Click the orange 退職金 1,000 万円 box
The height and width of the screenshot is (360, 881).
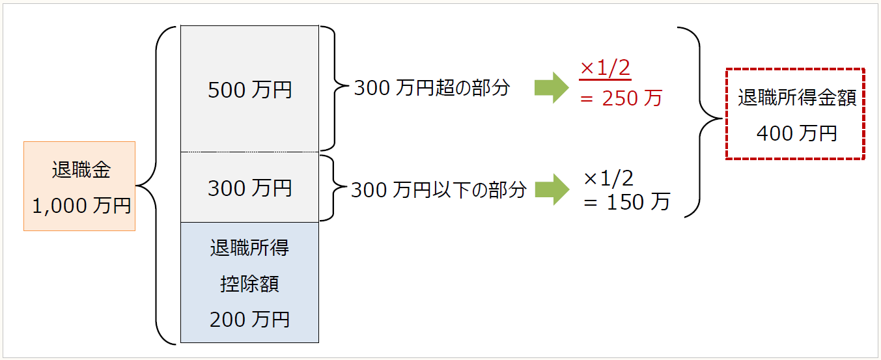coord(79,186)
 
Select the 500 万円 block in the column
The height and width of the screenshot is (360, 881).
coord(249,89)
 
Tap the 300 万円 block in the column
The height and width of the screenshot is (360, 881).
coord(249,188)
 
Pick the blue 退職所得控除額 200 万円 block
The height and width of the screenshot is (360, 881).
coord(249,283)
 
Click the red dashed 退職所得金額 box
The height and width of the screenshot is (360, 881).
coord(796,114)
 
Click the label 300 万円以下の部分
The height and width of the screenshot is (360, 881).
coord(438,189)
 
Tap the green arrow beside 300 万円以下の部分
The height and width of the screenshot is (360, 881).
coord(552,189)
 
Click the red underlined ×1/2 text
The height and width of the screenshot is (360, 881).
coord(606,68)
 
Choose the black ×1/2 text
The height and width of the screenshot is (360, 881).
coord(609,177)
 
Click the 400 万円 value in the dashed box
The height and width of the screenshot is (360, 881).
coord(796,133)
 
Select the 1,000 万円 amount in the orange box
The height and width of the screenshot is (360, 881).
coord(81,206)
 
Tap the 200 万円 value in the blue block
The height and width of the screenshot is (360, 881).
coord(249,320)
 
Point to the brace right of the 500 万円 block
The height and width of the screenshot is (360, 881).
coord(331,89)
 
